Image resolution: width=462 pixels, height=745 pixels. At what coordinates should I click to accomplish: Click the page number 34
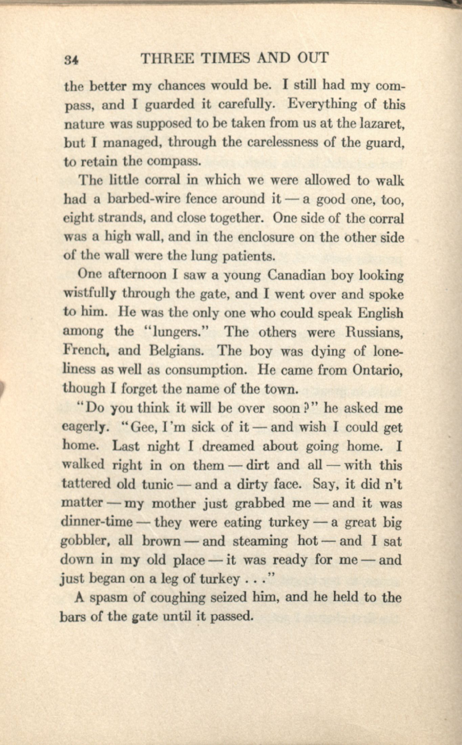(x=71, y=60)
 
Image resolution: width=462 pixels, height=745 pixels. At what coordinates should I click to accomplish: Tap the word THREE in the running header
(x=167, y=58)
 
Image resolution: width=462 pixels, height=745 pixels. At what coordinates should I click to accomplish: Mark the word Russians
(x=374, y=332)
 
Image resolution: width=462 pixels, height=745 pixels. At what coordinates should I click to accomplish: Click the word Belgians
(x=176, y=351)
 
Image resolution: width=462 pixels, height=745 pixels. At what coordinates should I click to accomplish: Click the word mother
(x=173, y=504)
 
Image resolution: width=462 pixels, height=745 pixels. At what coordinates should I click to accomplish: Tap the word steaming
(x=260, y=542)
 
